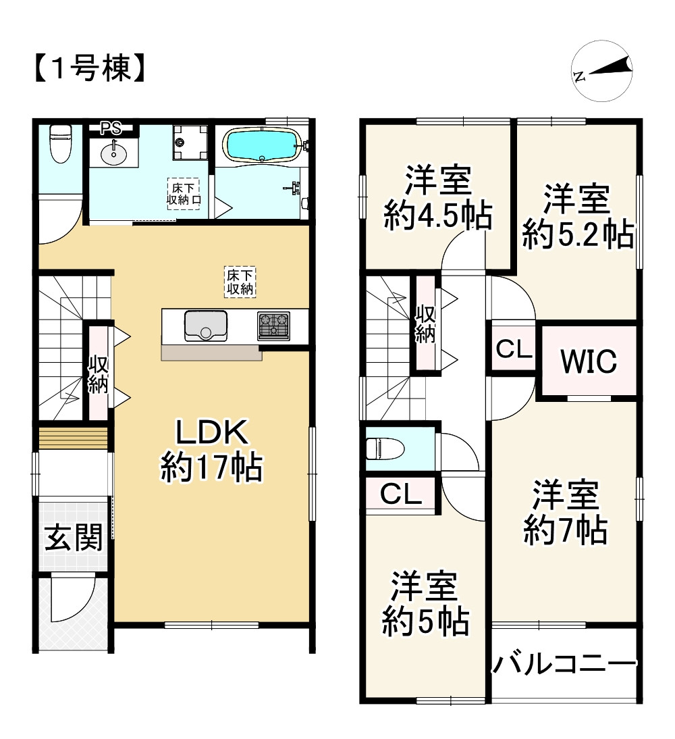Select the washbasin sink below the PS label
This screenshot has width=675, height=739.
[113, 153]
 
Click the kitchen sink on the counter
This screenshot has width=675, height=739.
[205, 326]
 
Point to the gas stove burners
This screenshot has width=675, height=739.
[273, 326]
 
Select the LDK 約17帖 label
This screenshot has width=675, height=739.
[211, 449]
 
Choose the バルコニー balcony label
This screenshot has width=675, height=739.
[564, 664]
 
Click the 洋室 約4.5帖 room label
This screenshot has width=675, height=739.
[438, 198]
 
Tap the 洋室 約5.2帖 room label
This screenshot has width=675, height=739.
[577, 217]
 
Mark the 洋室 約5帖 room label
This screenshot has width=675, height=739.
[425, 603]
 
